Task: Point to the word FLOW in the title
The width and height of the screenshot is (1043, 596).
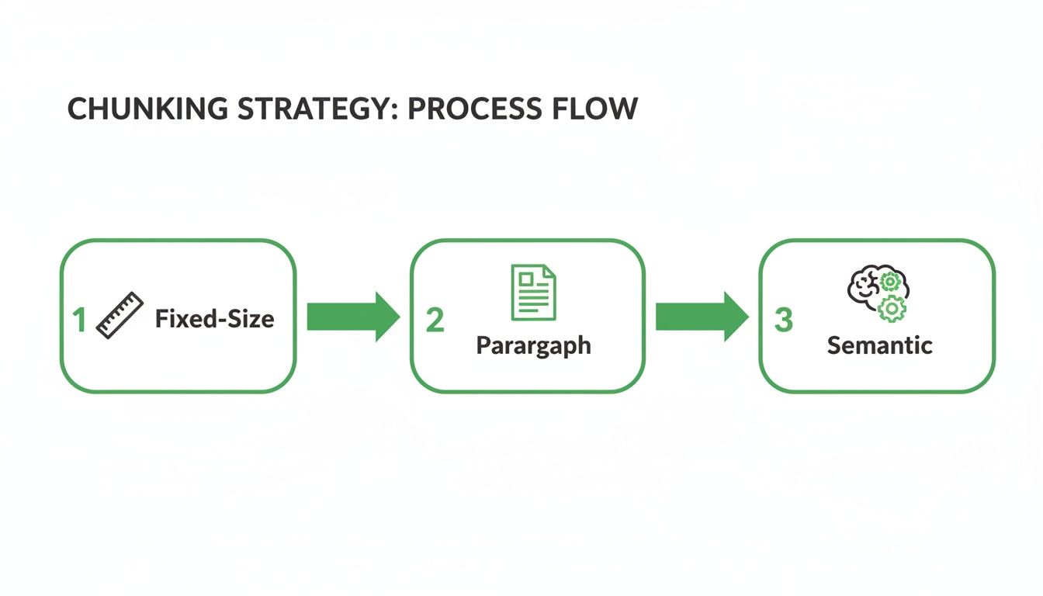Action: tap(598, 109)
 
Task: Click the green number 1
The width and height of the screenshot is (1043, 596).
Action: tap(78, 320)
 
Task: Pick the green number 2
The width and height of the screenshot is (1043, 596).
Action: tap(435, 320)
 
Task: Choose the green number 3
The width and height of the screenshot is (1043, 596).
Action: tap(784, 320)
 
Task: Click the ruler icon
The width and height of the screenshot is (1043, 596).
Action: tap(120, 315)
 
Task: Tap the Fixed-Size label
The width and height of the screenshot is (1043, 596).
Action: tap(214, 318)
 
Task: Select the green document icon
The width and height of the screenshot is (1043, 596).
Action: tap(533, 292)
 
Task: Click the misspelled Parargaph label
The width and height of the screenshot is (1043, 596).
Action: tap(533, 345)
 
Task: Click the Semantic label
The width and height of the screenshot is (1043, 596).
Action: tap(879, 345)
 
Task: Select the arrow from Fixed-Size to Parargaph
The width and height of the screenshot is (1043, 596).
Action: tap(353, 317)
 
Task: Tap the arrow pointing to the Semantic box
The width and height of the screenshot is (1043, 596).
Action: tap(702, 317)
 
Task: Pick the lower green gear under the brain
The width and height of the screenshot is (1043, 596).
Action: tap(892, 310)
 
